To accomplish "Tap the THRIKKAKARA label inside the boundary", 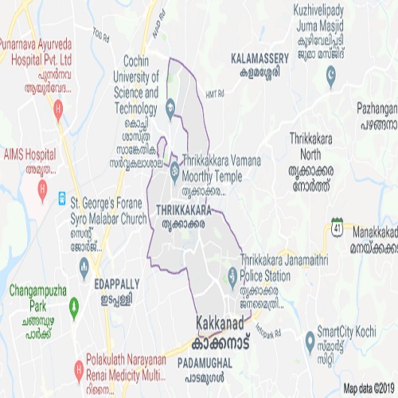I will tap(185, 209).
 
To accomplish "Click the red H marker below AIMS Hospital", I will tap(43, 190).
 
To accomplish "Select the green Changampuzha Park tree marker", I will tap(74, 305).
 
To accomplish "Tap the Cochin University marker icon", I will tap(170, 110).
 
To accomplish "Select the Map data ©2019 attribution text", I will tap(369, 389).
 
